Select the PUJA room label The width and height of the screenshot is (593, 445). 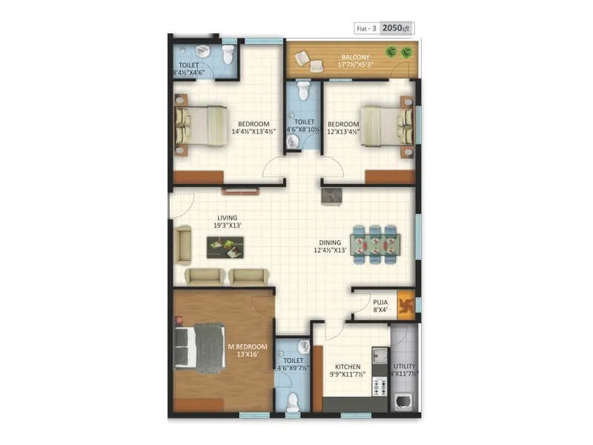pyautogui.click(x=380, y=302)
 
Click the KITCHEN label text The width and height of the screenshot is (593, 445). pyautogui.click(x=348, y=366)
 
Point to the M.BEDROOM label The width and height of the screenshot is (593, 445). pyautogui.click(x=242, y=346)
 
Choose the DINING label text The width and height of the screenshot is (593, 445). pyautogui.click(x=331, y=242)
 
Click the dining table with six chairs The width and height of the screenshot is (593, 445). pyautogui.click(x=375, y=244)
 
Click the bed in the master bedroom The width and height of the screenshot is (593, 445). pyautogui.click(x=200, y=345)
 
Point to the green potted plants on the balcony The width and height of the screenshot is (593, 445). pyautogui.click(x=399, y=53)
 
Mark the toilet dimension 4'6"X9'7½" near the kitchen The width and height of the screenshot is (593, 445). pyautogui.click(x=293, y=367)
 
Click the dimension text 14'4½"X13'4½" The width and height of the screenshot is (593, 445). pyautogui.click(x=254, y=132)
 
